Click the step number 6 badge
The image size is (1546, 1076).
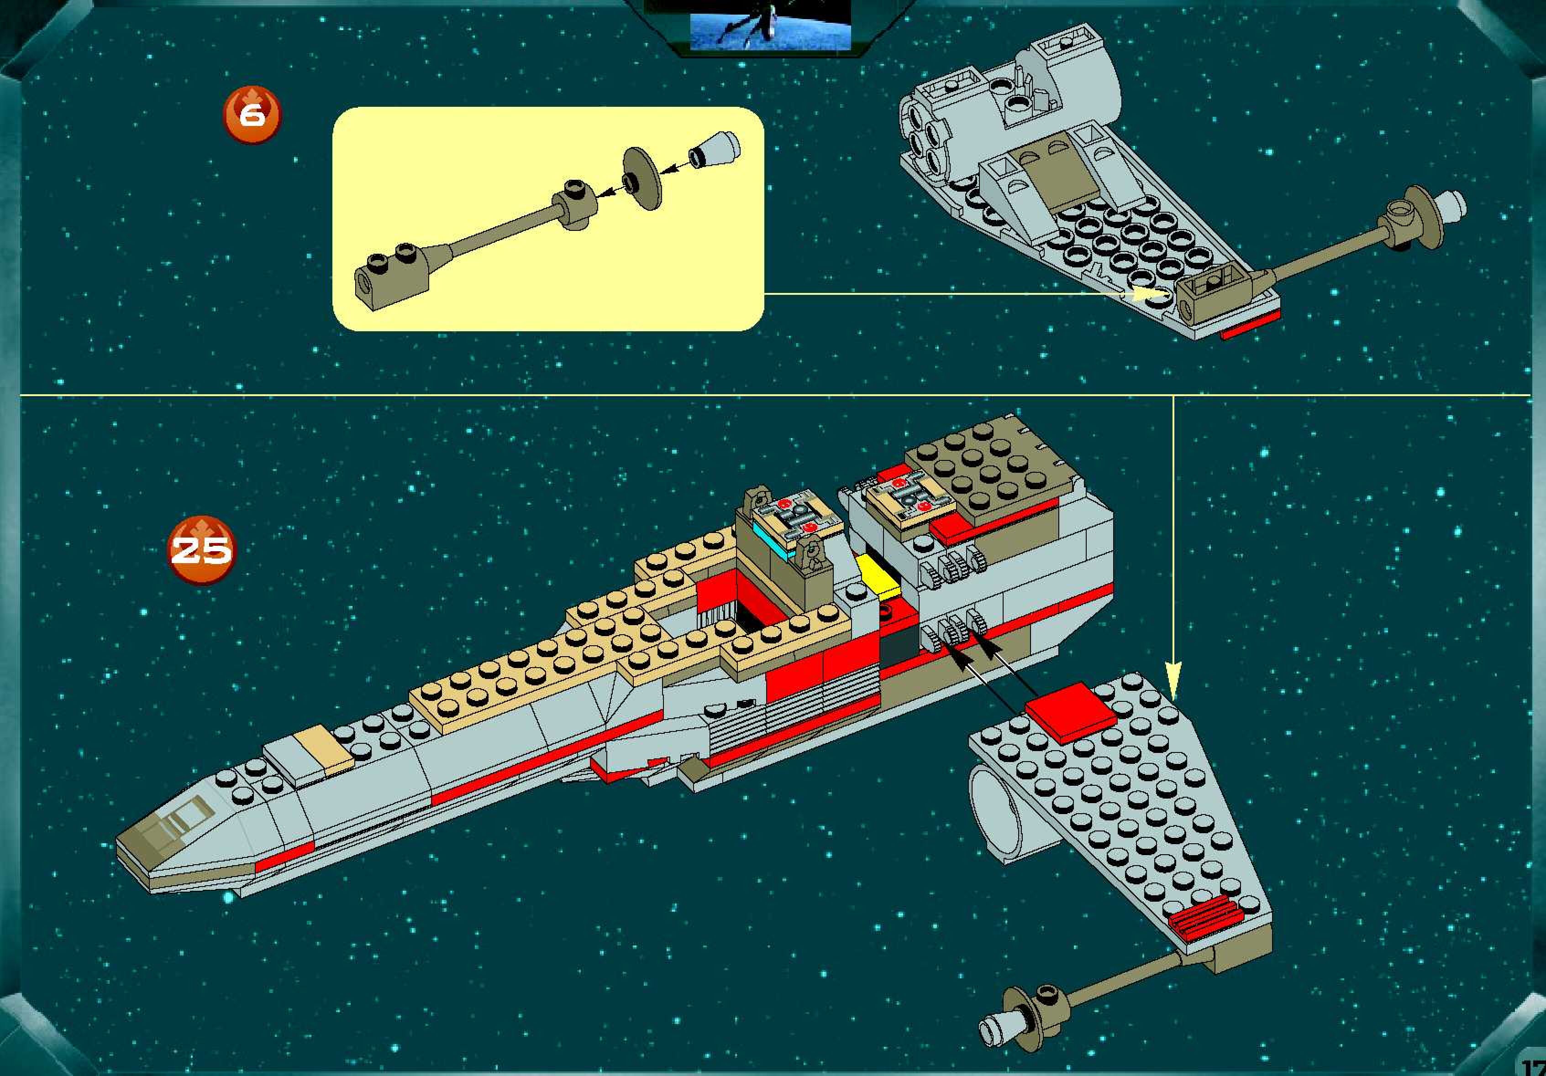point(252,115)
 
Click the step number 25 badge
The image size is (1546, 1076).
point(200,550)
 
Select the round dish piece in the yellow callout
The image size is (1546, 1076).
point(642,178)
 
